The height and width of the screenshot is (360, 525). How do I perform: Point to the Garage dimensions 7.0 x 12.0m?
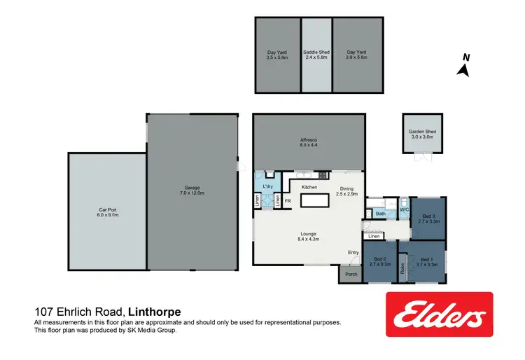point(192,193)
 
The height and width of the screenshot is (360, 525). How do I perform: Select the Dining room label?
point(347,188)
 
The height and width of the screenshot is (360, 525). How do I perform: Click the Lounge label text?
point(309,234)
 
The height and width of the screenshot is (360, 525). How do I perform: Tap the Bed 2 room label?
point(378,259)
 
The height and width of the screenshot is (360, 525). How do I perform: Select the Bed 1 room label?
point(426,259)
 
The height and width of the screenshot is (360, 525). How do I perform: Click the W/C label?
point(404,209)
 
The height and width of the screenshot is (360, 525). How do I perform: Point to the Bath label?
point(381,214)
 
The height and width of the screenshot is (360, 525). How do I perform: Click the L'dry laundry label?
point(267,186)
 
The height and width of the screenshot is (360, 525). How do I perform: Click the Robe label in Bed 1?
point(402,268)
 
